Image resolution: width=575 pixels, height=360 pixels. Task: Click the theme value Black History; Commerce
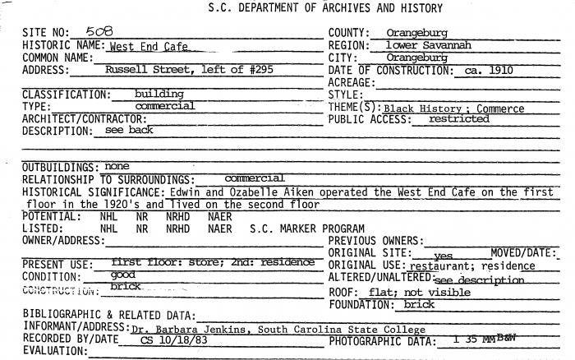[453, 108]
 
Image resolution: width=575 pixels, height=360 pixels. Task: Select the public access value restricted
[458, 119]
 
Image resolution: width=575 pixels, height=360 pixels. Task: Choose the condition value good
[123, 275]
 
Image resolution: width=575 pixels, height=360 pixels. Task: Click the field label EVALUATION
[53, 351]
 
